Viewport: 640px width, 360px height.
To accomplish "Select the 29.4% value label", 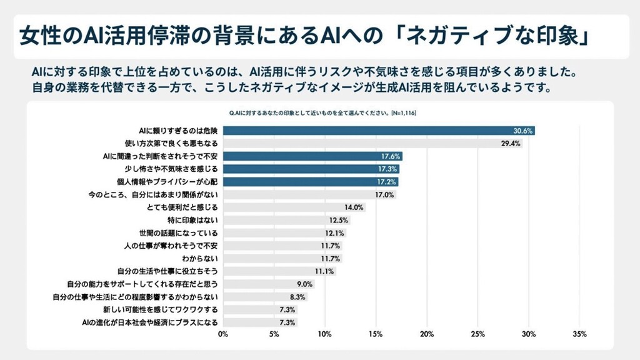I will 511,143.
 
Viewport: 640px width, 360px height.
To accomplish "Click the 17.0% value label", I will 384,194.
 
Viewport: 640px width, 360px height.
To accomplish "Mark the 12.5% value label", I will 338,220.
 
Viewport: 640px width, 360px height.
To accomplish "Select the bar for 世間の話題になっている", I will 284,233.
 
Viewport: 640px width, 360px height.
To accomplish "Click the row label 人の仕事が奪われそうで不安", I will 171,246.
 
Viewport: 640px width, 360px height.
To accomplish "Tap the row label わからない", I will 200,259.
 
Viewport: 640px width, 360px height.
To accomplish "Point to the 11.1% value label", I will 324,271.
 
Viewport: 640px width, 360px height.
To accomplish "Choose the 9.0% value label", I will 304,284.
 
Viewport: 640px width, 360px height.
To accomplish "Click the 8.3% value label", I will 297,297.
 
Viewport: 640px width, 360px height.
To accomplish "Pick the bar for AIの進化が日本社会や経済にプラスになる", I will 260,322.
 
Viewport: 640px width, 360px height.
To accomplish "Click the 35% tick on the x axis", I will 579,334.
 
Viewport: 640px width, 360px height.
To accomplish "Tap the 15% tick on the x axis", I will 376,334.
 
